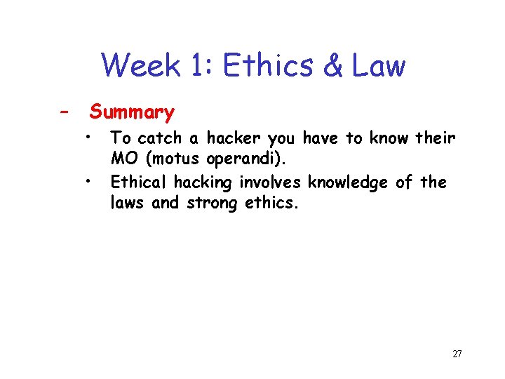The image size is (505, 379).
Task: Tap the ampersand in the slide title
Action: (332, 66)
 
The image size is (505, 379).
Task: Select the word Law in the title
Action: (378, 66)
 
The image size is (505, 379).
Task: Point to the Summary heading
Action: (132, 112)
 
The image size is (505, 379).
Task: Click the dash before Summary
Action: (64, 112)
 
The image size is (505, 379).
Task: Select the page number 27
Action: (457, 354)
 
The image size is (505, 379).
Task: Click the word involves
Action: (269, 182)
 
